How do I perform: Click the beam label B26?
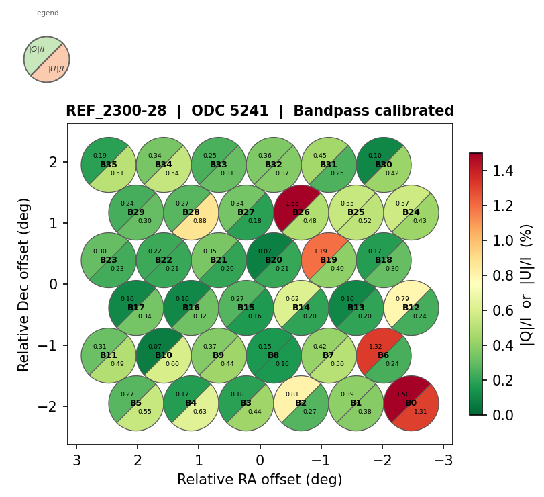click(301, 212)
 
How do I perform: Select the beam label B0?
click(411, 403)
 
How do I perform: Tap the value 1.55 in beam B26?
click(292, 204)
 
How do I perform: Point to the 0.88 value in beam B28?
click(200, 221)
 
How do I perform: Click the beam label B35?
click(109, 165)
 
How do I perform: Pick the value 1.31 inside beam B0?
click(421, 412)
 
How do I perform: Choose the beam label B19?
click(329, 260)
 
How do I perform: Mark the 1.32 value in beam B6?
click(376, 347)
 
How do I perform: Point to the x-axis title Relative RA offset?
click(260, 480)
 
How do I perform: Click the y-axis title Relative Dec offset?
click(24, 284)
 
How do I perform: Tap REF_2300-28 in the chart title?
click(116, 111)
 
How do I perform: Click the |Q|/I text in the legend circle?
click(37, 49)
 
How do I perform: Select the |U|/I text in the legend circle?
click(56, 69)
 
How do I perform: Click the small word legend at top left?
click(47, 13)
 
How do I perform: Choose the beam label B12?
click(411, 308)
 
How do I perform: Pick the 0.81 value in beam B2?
click(292, 394)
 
